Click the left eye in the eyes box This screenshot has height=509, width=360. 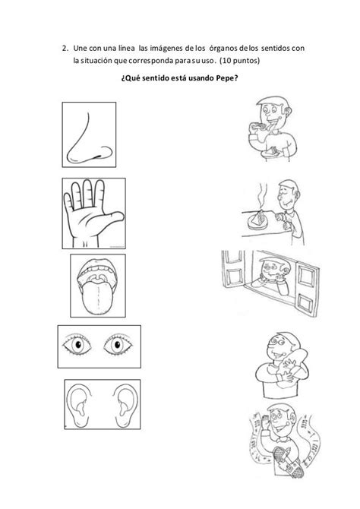77,345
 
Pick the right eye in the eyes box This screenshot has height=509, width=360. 118,345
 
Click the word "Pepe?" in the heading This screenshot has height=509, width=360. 227,78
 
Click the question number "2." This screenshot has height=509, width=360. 65,49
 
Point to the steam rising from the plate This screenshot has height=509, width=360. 263,194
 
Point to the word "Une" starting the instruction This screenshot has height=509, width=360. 81,49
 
